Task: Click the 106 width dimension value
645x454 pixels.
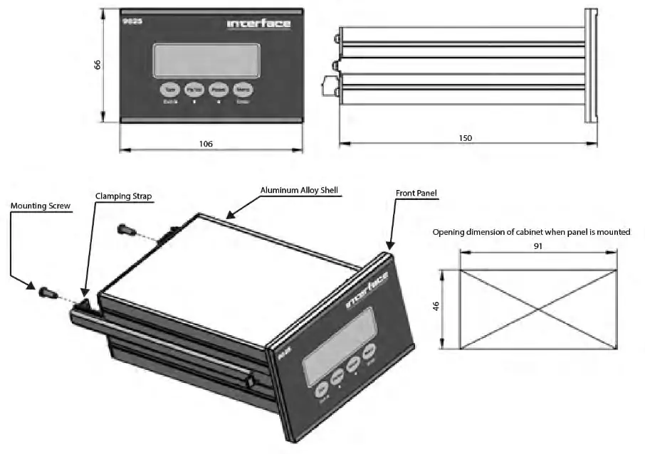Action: click(x=206, y=144)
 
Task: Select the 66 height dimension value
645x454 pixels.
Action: click(x=98, y=64)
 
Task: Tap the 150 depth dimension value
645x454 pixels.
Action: click(x=466, y=137)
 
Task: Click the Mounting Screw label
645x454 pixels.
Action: click(x=39, y=206)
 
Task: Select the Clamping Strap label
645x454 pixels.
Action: click(x=124, y=195)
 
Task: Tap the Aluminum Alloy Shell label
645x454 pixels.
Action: click(x=299, y=190)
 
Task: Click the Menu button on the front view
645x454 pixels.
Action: click(x=243, y=90)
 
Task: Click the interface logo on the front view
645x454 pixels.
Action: click(x=258, y=24)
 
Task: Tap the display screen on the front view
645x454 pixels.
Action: click(x=206, y=58)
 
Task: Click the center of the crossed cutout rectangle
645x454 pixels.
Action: click(x=538, y=310)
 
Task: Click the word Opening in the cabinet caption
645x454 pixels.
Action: click(x=451, y=232)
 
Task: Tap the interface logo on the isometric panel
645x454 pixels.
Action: click(x=367, y=291)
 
